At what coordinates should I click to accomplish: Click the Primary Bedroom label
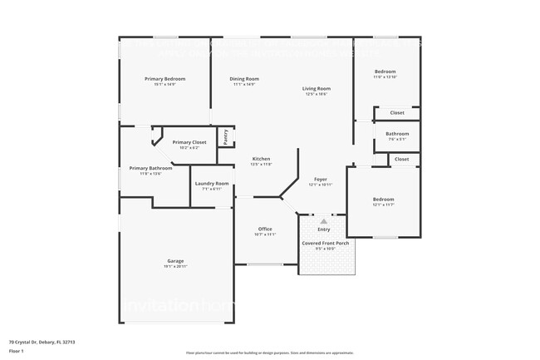point(165,79)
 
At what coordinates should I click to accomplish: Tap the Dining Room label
point(244,79)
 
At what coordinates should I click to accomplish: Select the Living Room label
point(316,88)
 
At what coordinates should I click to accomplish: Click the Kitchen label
point(261,159)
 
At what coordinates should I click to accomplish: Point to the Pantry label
point(225,136)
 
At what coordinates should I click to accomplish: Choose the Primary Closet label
point(189,142)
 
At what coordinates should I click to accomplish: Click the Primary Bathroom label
point(150,168)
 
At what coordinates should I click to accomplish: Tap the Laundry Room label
point(211,184)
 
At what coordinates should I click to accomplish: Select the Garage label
point(175,260)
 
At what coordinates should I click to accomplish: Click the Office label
point(265,229)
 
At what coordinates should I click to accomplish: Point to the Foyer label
point(320,180)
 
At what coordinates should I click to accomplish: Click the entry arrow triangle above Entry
point(323,221)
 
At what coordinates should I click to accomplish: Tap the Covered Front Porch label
point(324,243)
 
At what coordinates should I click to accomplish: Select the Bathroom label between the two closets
point(397,134)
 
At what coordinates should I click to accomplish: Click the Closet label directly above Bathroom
point(397,112)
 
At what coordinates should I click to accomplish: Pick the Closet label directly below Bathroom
point(401,159)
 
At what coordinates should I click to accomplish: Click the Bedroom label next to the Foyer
point(383,199)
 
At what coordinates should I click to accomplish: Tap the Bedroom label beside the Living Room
point(385,72)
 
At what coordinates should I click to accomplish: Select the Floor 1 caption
point(17,350)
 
